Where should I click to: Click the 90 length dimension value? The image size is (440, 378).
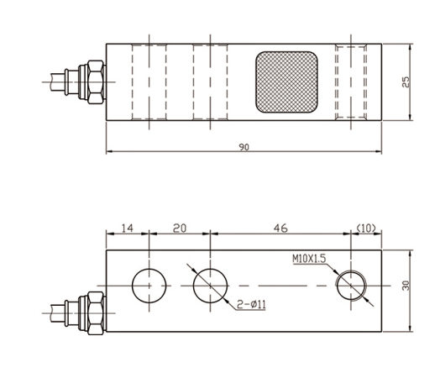click(x=244, y=147)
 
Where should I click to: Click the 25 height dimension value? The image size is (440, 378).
click(x=406, y=82)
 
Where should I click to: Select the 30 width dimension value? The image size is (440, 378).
click(x=406, y=286)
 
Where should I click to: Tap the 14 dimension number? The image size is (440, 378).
click(x=127, y=228)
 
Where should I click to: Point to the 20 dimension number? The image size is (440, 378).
click(x=180, y=228)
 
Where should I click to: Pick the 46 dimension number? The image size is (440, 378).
click(x=280, y=228)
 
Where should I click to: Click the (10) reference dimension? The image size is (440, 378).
click(x=366, y=228)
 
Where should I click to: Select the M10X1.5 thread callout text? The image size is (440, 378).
click(x=309, y=259)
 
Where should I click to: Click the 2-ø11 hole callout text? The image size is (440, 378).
click(x=251, y=304)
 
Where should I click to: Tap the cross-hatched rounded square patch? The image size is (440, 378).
click(x=286, y=82)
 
